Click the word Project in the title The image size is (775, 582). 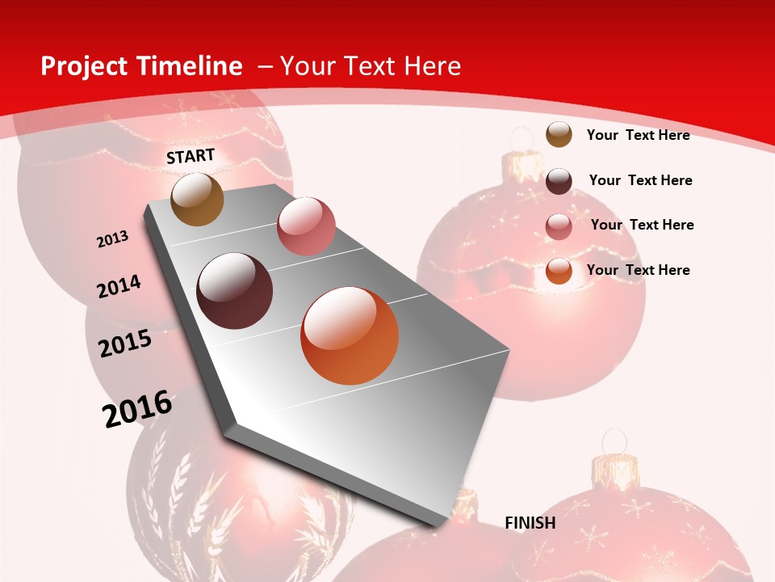coord(83,66)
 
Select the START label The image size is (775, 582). coord(191,156)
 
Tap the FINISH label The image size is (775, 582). coord(530,523)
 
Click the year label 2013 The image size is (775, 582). coord(112,239)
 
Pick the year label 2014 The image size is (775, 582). coord(119,286)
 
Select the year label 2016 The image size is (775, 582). coord(137,409)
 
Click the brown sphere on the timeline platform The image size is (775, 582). coord(198,199)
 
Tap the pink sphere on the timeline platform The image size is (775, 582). coord(306,226)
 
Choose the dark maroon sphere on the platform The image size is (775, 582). coord(235,291)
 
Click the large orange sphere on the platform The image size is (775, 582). coord(350,335)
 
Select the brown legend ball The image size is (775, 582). coord(559,135)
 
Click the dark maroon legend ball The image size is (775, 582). coord(559,181)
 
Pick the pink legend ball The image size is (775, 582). coord(559,226)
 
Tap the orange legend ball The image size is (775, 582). coord(559,272)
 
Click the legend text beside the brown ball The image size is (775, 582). coord(638,135)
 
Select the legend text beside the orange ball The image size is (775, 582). coord(638,270)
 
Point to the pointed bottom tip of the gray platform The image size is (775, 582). coord(437,525)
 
